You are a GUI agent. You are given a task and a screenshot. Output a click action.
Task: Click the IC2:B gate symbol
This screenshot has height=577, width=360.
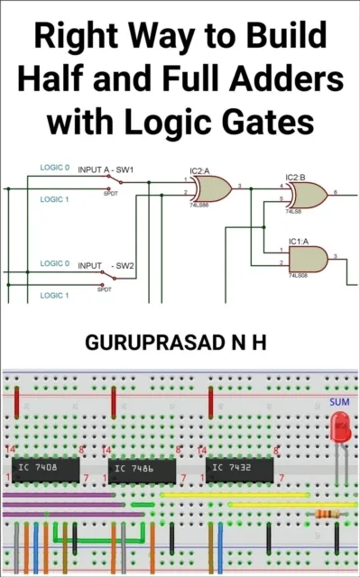coord(308,194)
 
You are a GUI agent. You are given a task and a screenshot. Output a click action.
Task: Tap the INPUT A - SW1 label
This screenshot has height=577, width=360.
coord(106,169)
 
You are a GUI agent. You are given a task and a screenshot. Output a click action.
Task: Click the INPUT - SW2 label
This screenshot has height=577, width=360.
coord(106,266)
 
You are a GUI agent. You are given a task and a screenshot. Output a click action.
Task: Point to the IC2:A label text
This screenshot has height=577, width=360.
coord(199,170)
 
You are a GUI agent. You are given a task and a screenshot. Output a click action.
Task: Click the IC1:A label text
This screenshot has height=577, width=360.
coord(299,242)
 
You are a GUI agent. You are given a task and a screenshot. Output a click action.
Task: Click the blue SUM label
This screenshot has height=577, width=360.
coord(340,402)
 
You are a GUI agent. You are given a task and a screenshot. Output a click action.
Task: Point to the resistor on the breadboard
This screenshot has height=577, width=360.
coord(328,514)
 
